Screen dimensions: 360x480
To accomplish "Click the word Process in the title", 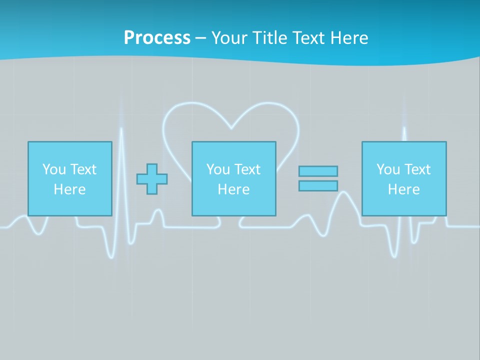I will (x=157, y=38).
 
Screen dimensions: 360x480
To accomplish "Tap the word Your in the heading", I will (x=229, y=38).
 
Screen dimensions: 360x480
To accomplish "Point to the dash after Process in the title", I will (x=201, y=38).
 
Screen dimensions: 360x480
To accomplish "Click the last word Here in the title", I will (x=348, y=38).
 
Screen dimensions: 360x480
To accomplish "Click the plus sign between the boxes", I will (x=152, y=179).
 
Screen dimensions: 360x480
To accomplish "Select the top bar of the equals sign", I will (x=318, y=171).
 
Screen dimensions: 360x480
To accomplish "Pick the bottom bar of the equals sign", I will (x=318, y=186).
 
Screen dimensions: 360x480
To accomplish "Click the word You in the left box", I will (x=53, y=169).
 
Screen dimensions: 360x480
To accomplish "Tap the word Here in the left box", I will (x=69, y=189).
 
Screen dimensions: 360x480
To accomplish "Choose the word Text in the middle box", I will (x=247, y=169).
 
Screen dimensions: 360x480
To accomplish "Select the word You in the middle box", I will (x=217, y=169).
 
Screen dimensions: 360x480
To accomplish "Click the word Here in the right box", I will (x=403, y=189).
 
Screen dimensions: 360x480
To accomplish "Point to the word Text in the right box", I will (x=417, y=169).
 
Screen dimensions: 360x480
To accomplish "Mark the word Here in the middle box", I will (x=233, y=189).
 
